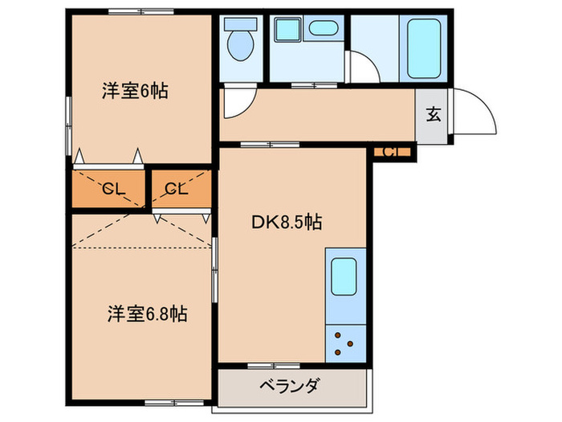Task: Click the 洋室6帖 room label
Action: [x=134, y=92]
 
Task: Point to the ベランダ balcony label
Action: [x=289, y=386]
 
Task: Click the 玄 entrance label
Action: [x=433, y=114]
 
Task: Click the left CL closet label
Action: [x=111, y=190]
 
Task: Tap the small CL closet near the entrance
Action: [x=392, y=152]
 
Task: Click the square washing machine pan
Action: [x=286, y=31]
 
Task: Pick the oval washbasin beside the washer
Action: [x=324, y=30]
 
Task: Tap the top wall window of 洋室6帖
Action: [x=132, y=11]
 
